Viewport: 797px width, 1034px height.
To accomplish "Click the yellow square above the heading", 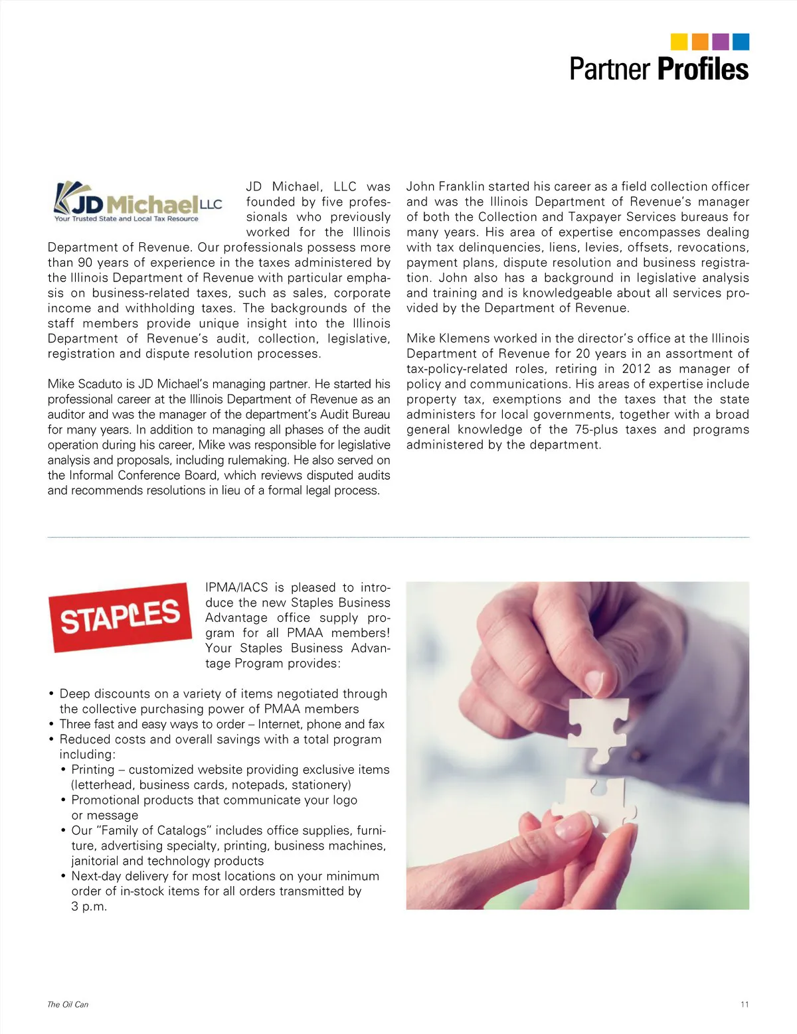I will pyautogui.click(x=679, y=42).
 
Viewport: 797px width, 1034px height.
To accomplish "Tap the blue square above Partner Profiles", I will pyautogui.click(x=741, y=42).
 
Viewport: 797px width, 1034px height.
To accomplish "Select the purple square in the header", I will pyautogui.click(x=720, y=42).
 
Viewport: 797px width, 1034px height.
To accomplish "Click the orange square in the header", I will pyautogui.click(x=699, y=42).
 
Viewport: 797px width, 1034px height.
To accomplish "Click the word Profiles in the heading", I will pyautogui.click(x=703, y=70).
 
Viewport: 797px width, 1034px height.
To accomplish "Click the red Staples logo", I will pyautogui.click(x=120, y=617).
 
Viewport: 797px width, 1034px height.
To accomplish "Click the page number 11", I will pyautogui.click(x=745, y=1004).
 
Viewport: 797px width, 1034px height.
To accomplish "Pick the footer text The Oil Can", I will pyautogui.click(x=68, y=1004).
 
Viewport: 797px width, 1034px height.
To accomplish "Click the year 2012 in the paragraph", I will pyautogui.click(x=636, y=369).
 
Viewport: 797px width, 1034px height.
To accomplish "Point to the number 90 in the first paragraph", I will pyautogui.click(x=86, y=263).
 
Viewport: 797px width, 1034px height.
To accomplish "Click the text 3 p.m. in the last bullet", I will pyautogui.click(x=89, y=907).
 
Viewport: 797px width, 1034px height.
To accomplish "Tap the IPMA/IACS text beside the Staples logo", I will pyautogui.click(x=236, y=587).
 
